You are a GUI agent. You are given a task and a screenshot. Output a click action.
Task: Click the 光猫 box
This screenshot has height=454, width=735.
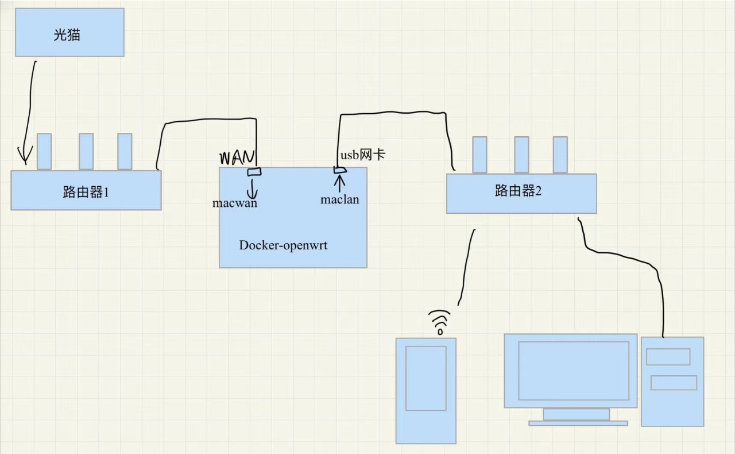pos(69,32)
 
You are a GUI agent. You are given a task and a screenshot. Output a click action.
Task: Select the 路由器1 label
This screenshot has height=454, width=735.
pos(86,192)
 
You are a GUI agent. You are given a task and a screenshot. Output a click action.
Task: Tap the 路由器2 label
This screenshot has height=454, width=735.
pos(518,191)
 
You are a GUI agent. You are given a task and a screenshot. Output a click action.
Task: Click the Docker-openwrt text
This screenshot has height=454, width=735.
pos(283,245)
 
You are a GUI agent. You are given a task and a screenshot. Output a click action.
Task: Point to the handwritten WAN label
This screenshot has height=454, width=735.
pos(236,157)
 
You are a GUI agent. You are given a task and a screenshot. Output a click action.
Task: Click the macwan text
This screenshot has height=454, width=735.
pos(234,203)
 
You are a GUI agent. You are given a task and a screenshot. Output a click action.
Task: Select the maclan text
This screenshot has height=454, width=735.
pos(339,199)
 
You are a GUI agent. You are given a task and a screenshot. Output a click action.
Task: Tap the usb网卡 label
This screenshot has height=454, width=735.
pos(362,155)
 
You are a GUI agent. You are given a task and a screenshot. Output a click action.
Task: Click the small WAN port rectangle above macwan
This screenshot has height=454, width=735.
pos(254,172)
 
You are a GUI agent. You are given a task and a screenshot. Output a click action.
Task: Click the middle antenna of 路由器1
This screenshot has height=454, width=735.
pos(86,152)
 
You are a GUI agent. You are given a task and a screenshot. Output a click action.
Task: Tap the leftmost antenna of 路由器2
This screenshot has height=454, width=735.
pos(479,155)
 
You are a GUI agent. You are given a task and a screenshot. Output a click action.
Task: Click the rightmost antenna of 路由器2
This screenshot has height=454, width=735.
pos(560,155)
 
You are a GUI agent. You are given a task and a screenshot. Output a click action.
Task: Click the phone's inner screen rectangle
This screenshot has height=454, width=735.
pos(426,378)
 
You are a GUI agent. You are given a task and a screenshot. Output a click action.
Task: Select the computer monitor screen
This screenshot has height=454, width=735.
pos(573,371)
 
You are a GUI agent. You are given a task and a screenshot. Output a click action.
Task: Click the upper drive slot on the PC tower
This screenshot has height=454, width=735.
pos(668,357)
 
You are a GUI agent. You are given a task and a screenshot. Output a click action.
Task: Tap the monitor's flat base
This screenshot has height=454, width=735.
pos(578,423)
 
